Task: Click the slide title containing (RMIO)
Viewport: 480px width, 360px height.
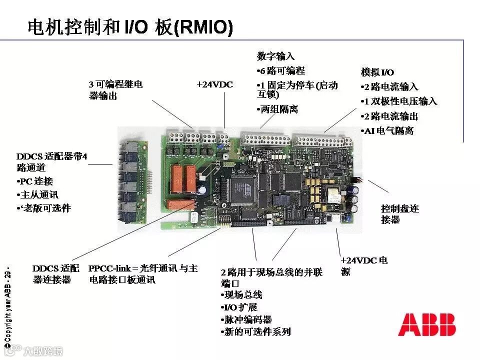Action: pos(130,28)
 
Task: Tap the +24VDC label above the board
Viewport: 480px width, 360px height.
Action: pos(214,84)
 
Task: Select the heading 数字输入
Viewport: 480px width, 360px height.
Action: pos(276,56)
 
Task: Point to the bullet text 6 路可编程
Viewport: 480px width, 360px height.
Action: pos(281,70)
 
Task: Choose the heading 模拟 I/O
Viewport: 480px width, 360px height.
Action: pos(377,72)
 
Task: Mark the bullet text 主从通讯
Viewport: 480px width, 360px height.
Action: pos(38,194)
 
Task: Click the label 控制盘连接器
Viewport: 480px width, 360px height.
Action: pos(399,214)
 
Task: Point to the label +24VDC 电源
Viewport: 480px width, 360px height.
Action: pos(364,265)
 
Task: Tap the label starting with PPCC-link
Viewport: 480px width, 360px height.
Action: pos(143,274)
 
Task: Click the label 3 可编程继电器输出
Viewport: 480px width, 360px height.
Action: pos(115,90)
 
